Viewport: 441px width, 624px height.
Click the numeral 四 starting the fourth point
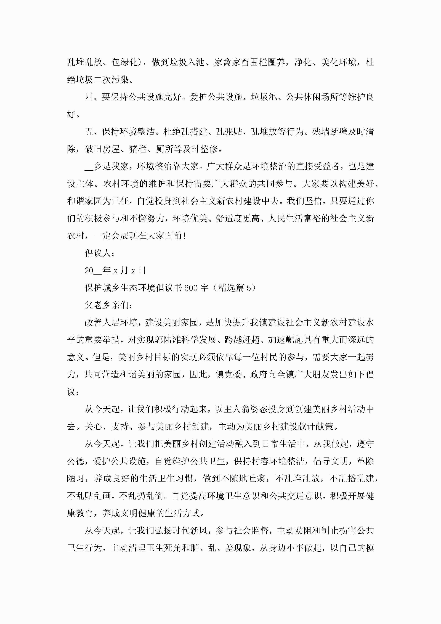coord(89,97)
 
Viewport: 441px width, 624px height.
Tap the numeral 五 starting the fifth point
coord(89,132)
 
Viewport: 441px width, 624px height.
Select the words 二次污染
coord(111,80)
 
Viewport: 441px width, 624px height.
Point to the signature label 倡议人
coord(98,253)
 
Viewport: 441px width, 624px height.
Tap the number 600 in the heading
coord(191,288)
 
